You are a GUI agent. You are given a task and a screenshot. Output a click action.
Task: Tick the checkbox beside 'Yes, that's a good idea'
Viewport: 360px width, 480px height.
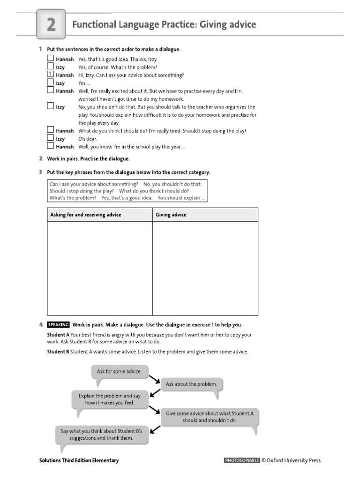(x=50, y=59)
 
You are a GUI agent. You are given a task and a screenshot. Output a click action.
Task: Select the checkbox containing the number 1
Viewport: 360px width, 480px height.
(x=50, y=75)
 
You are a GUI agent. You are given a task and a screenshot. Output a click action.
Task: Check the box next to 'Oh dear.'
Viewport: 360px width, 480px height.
(x=50, y=139)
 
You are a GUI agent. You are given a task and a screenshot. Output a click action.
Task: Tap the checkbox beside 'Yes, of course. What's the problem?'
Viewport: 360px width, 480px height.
(x=50, y=67)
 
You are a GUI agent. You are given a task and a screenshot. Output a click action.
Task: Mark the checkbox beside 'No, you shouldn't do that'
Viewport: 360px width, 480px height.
(x=50, y=107)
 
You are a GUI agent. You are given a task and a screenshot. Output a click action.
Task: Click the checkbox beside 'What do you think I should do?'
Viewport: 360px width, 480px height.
(x=50, y=131)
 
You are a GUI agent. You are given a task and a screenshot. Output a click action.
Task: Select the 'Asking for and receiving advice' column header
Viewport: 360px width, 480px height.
(x=86, y=215)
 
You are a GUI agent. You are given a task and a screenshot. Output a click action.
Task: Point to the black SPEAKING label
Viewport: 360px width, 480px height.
(x=59, y=324)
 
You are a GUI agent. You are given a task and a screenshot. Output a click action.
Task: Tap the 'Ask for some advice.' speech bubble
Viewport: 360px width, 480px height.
(x=119, y=372)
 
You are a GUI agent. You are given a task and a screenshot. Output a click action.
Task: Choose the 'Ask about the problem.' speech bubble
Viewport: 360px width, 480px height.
(x=191, y=384)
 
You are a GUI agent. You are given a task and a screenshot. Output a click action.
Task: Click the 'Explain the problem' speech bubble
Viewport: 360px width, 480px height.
(x=110, y=399)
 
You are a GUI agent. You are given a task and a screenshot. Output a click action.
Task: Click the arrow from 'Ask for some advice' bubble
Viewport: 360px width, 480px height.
(x=155, y=378)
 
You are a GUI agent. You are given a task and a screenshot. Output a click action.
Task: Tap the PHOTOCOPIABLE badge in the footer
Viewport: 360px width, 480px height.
(x=242, y=460)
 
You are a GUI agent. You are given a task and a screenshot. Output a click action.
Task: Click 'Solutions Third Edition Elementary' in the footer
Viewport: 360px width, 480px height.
(x=79, y=460)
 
